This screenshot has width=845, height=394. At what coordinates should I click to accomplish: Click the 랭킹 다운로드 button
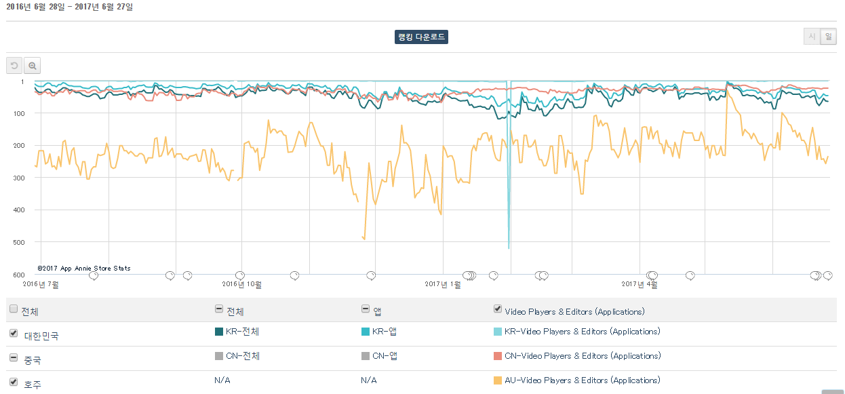click(421, 37)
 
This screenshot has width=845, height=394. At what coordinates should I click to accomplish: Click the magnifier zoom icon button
click(33, 66)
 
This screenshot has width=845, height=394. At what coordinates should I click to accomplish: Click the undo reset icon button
click(14, 66)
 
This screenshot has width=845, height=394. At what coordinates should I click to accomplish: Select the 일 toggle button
click(829, 37)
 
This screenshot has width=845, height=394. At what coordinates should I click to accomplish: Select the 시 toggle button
click(812, 37)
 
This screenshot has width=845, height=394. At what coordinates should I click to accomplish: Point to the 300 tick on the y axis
click(19, 178)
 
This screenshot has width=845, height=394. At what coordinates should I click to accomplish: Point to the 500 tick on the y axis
click(19, 242)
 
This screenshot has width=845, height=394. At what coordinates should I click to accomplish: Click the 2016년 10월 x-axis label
click(242, 284)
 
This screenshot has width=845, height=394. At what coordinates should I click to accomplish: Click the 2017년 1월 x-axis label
click(443, 284)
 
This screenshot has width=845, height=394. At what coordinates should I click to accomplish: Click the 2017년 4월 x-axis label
click(640, 284)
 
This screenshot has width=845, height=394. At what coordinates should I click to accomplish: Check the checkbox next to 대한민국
click(14, 333)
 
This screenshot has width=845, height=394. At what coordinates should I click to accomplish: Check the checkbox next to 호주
click(14, 382)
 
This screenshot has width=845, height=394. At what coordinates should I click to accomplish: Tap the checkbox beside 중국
click(14, 357)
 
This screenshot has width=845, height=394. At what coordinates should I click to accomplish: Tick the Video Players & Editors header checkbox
click(498, 309)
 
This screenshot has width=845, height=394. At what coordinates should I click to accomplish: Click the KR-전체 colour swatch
click(219, 332)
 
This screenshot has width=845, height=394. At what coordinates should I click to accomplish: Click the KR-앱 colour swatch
click(365, 332)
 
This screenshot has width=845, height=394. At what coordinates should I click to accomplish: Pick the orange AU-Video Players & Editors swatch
click(498, 380)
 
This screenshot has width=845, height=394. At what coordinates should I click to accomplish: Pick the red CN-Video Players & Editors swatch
click(498, 356)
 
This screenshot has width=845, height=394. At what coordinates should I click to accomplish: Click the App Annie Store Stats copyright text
click(83, 269)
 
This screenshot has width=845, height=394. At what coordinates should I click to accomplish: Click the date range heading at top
click(69, 7)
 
